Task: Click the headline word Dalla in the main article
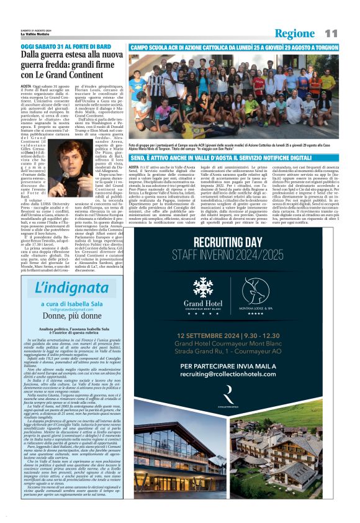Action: [35, 57]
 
